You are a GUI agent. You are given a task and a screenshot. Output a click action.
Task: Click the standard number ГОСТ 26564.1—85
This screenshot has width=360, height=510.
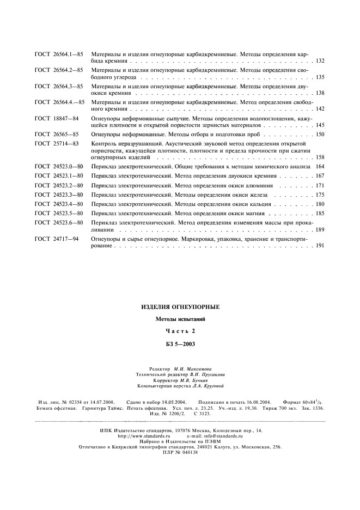[59, 55]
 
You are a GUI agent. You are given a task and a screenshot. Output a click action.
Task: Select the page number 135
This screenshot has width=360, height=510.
[320, 77]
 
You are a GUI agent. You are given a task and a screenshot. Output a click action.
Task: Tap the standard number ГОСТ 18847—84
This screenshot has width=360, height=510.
[57, 118]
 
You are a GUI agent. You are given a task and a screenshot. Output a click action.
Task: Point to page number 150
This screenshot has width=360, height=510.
[320, 134]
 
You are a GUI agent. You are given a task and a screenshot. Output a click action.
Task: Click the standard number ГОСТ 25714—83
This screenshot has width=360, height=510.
[57, 143]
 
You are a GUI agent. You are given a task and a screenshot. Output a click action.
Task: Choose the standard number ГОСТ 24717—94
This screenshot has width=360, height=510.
[57, 239]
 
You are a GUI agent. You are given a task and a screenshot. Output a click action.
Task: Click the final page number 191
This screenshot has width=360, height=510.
[320, 246]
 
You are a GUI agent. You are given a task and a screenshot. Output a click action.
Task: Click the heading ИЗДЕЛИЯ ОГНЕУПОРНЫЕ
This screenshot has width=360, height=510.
[180, 307]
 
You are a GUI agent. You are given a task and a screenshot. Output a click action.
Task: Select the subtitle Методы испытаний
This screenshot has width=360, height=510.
[180, 319]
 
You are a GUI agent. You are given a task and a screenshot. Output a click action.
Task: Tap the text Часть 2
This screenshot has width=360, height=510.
[180, 331]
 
